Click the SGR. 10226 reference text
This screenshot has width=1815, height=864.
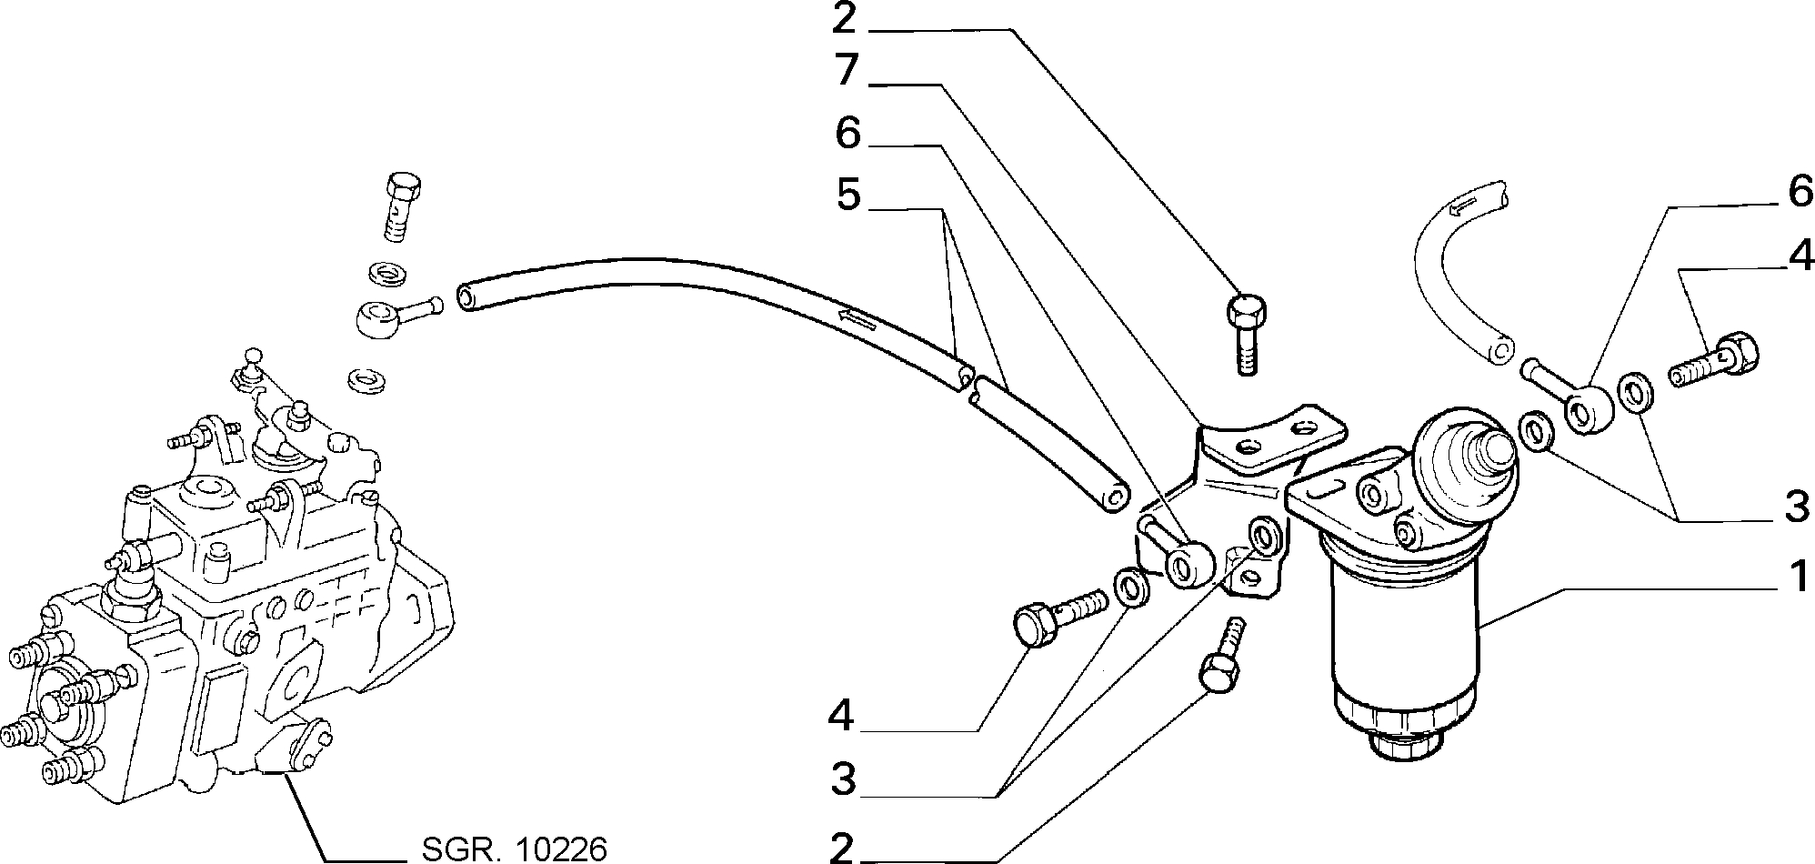coord(514,849)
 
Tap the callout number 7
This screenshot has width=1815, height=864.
coord(847,71)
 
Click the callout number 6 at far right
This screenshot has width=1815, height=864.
coord(1798,194)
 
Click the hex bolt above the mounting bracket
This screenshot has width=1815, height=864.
coord(1245,333)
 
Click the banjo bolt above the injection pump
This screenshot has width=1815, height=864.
coord(402,206)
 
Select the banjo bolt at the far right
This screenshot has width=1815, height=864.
coord(1713,364)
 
